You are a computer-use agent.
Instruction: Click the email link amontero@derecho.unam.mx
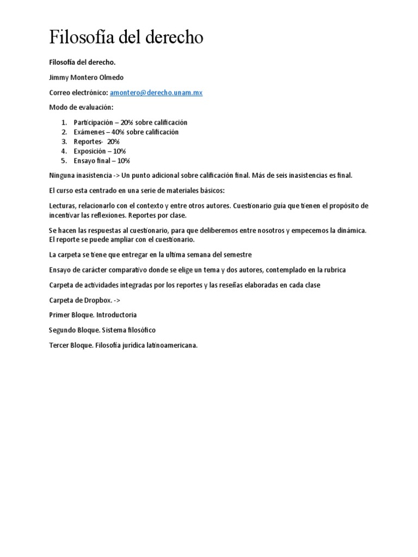coord(156,93)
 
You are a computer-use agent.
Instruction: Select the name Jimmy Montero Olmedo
coord(87,78)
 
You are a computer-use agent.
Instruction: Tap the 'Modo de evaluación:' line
coord(81,108)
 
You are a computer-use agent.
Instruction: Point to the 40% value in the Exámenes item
coord(118,132)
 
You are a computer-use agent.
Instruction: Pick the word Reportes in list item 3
coord(88,141)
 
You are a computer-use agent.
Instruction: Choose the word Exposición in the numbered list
coord(91,151)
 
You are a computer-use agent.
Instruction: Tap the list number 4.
coord(63,151)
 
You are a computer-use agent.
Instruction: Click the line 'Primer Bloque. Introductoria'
coord(93,315)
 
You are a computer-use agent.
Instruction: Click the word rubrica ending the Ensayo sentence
coord(333,270)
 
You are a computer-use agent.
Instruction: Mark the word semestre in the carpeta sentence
coord(236,255)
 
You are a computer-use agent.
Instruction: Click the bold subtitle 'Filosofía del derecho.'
coord(82,63)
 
